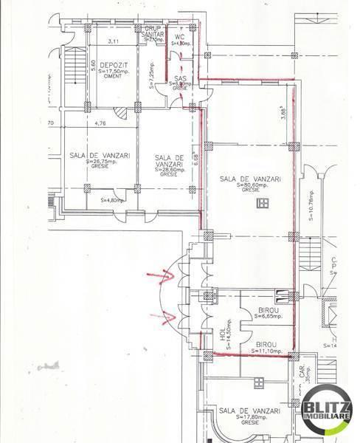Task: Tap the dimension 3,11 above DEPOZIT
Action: pos(114,41)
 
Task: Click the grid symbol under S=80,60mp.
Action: pos(260,202)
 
